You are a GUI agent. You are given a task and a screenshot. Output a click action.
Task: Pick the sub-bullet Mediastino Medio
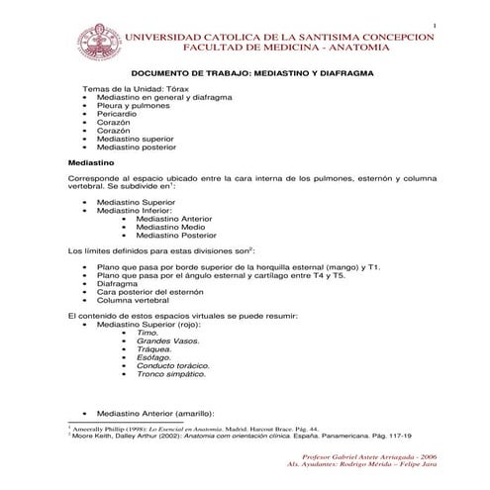pyautogui.click(x=170, y=227)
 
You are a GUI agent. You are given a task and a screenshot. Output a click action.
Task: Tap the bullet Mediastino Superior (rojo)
pyautogui.click(x=148, y=324)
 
